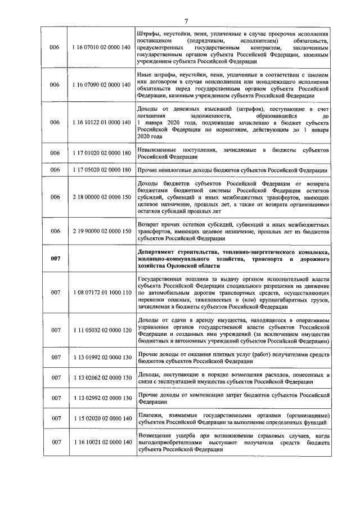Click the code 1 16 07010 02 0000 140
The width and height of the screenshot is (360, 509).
[x=101, y=49]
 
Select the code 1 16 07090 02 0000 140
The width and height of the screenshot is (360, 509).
[x=101, y=84]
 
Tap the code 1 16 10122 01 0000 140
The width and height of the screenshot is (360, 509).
[x=101, y=121]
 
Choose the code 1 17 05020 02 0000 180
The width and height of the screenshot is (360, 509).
[x=101, y=170]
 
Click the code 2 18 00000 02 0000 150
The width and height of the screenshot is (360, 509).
[x=101, y=197]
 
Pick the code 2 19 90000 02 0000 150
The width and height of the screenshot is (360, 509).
[x=101, y=231]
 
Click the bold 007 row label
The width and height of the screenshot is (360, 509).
[x=55, y=258]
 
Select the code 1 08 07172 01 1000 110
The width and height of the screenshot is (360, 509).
[x=101, y=293]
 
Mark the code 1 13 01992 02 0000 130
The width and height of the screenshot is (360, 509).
[x=101, y=357]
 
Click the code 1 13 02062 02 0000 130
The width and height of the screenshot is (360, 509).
[x=101, y=378]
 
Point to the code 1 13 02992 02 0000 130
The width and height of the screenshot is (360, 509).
[x=101, y=398]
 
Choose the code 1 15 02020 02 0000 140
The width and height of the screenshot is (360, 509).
[x=101, y=419]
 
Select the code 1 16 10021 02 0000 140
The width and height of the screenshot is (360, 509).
[x=101, y=443]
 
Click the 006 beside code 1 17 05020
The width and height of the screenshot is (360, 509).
[x=55, y=170]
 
